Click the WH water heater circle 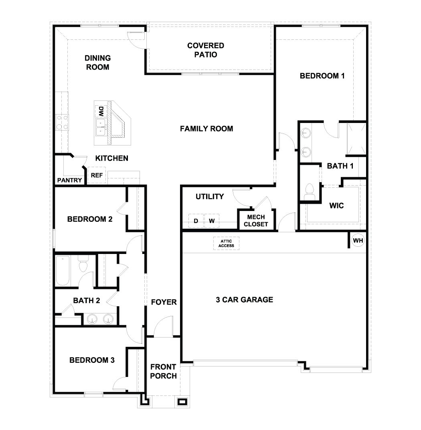(x=358, y=241)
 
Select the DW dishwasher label (x=101, y=110)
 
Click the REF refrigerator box (x=97, y=175)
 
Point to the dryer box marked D (x=196, y=221)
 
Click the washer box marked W (x=212, y=221)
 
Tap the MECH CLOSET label (x=255, y=221)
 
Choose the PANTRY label (x=69, y=180)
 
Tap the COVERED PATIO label (x=206, y=50)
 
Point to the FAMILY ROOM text (x=206, y=129)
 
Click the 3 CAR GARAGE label (x=244, y=299)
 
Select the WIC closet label (x=336, y=206)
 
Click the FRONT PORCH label (x=164, y=371)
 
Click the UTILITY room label (x=209, y=197)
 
